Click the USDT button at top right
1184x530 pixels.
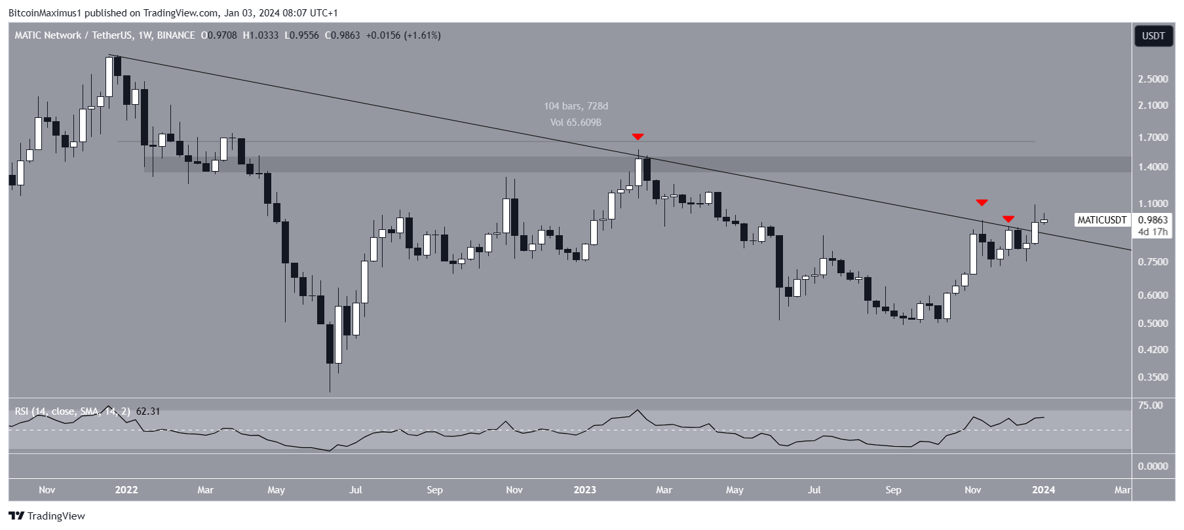[x=1153, y=36]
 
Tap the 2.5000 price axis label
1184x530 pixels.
[x=1153, y=79]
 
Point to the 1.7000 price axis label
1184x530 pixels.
[x=1153, y=138]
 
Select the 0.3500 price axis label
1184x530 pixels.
[x=1153, y=377]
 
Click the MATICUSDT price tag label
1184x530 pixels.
[x=1102, y=220]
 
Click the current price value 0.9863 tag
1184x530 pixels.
[x=1153, y=220]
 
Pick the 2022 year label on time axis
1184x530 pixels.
[x=126, y=490]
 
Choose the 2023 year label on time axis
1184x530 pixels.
[x=584, y=490]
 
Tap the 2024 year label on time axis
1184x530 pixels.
[x=1043, y=490]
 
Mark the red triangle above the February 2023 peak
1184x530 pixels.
[x=638, y=137]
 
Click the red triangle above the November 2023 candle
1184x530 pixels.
[x=982, y=202]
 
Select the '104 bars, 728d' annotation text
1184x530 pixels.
[x=576, y=106]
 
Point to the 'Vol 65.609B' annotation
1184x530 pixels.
[x=576, y=123]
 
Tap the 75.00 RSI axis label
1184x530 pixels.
[x=1150, y=406]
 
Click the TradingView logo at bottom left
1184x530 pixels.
[x=47, y=516]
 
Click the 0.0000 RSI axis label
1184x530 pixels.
[x=1153, y=466]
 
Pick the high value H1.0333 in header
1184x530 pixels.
[x=261, y=35]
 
